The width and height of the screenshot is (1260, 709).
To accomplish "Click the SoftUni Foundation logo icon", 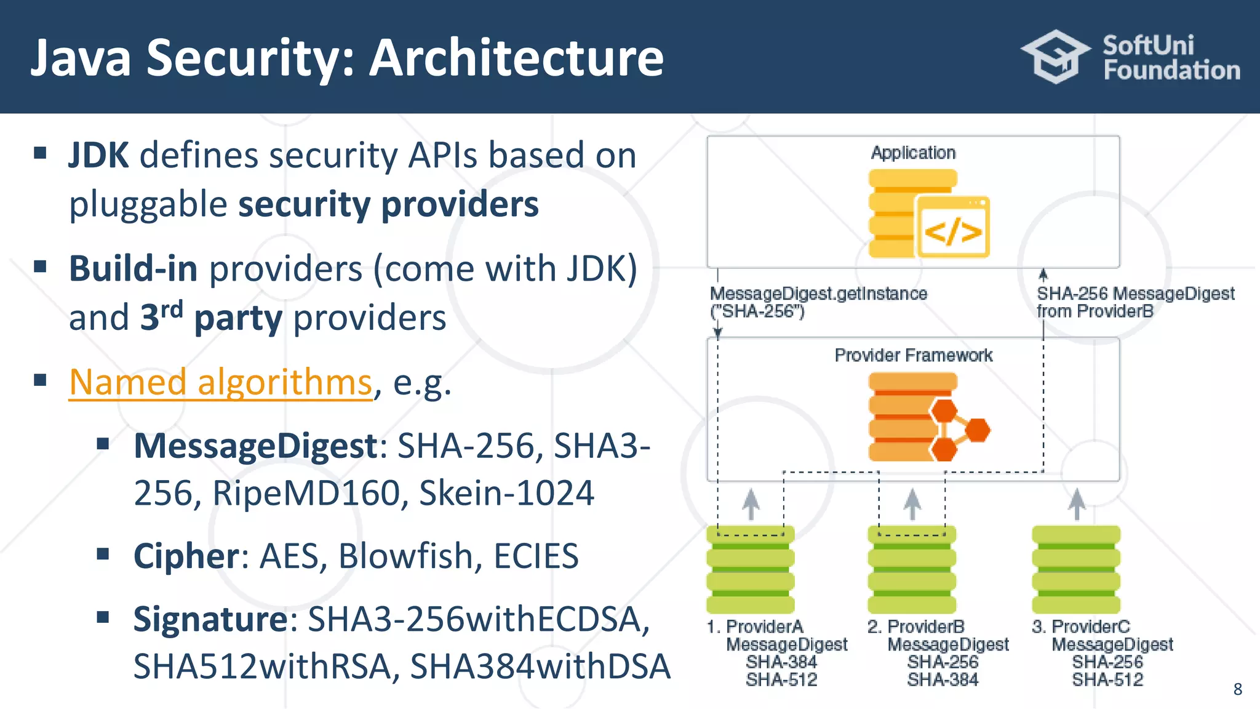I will click(x=1056, y=57).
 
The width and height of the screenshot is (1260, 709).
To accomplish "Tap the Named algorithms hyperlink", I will click(x=220, y=382).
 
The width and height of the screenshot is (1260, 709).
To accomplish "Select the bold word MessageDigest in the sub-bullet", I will click(x=255, y=446).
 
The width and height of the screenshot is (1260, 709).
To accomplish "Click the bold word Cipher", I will click(x=186, y=556).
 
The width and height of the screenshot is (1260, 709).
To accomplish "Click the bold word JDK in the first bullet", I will click(x=98, y=155).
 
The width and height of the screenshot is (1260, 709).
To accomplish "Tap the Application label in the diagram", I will click(x=913, y=153).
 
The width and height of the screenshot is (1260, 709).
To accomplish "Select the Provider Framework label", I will click(x=913, y=355).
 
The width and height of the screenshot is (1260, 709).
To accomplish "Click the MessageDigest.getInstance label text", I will click(x=818, y=294).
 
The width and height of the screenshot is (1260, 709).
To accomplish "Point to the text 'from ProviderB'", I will click(x=1095, y=311).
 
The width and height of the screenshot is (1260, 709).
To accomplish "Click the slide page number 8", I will click(x=1237, y=689).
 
